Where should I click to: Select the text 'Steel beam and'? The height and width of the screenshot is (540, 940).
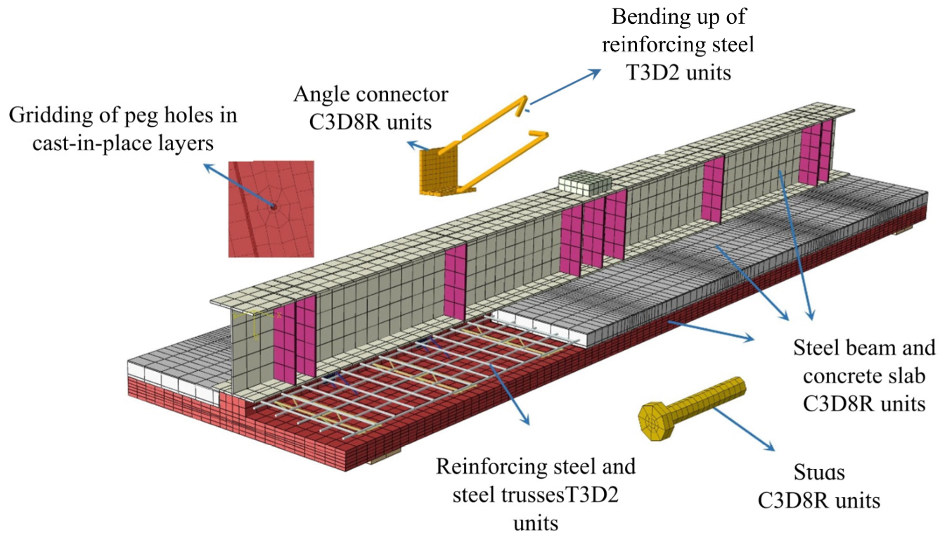[x=864, y=348]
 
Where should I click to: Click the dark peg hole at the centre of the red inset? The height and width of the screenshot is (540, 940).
[x=273, y=207]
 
